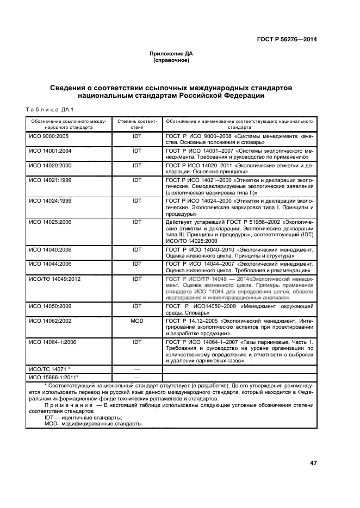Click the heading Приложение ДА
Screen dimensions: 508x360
tap(171, 54)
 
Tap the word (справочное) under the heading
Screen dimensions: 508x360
tap(171, 60)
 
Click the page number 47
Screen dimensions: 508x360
tap(313, 463)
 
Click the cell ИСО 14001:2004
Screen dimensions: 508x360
tap(50, 150)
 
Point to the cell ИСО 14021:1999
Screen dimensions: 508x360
tap(50, 180)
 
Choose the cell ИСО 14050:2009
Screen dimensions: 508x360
tap(50, 305)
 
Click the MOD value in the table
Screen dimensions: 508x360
tap(136, 321)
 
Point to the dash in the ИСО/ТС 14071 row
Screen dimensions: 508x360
tap(136, 369)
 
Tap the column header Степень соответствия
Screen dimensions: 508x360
tap(136, 123)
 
